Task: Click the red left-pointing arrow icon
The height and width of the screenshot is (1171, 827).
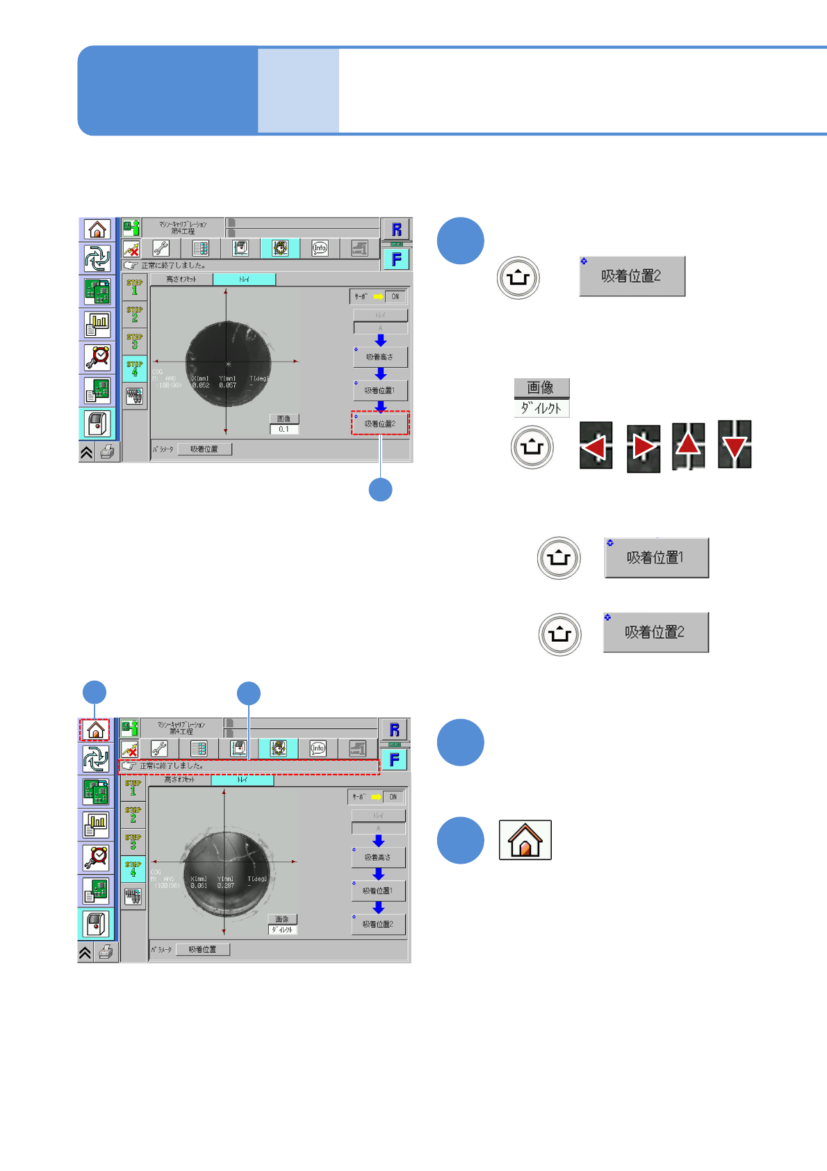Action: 596,446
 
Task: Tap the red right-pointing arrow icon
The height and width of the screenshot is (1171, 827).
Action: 643,447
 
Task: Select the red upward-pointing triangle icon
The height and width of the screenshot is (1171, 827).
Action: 688,445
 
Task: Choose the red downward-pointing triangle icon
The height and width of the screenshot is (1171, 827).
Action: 735,444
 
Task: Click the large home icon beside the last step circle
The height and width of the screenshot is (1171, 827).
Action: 525,840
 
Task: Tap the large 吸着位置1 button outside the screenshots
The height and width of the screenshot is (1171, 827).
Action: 656,558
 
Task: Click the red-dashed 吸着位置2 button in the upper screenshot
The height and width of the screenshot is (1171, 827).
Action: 380,423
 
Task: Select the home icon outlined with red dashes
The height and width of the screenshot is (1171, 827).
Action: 95,730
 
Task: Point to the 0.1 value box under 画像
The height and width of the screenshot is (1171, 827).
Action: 284,429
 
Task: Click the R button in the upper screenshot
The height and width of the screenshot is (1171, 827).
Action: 396,229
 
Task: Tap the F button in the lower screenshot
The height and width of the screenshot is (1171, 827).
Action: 394,760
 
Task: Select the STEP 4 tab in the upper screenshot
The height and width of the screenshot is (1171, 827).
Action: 135,368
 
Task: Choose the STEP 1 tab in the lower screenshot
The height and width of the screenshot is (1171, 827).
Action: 133,788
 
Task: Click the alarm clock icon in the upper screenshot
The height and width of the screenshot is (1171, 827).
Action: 97,357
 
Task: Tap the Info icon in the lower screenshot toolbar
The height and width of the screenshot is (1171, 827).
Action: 318,748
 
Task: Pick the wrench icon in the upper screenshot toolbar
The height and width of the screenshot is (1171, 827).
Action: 161,248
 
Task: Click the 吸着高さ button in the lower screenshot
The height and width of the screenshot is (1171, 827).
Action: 377,857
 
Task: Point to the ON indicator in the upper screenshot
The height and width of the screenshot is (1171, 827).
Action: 395,296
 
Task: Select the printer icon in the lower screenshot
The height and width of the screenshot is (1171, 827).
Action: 106,952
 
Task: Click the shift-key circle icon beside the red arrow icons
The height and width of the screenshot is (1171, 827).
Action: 532,447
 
